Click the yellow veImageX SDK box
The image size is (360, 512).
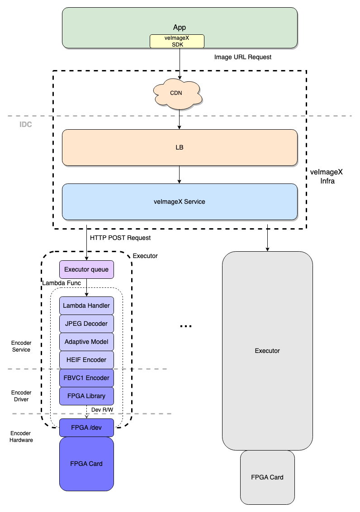pos(177,42)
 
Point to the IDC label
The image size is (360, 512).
pos(26,124)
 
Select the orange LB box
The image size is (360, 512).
pos(180,147)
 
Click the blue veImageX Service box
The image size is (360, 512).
pos(180,202)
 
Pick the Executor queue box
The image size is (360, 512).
pos(86,269)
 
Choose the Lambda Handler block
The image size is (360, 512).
pos(86,305)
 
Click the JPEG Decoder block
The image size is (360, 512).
pos(86,324)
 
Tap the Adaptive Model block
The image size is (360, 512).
pos(86,342)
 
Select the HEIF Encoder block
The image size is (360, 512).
pos(86,360)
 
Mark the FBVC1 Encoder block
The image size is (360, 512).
pos(86,378)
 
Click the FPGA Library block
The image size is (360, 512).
pos(86,396)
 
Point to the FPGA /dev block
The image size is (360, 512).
pos(86,427)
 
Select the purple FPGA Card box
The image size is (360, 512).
pos(86,464)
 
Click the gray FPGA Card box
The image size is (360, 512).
pos(267,477)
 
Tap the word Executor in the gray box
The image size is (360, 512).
pos(267,351)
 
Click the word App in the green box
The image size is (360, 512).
pos(180,28)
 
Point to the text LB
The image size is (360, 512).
pos(180,147)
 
